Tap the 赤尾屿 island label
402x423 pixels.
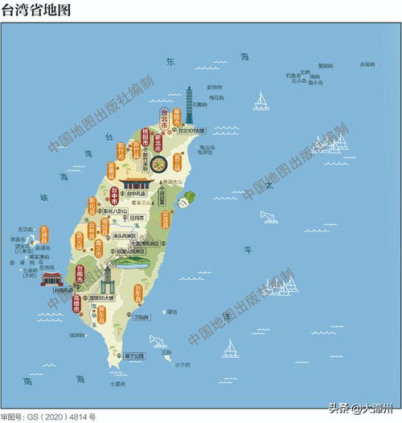[x=367, y=64]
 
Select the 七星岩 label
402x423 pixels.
[x=119, y=384]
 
